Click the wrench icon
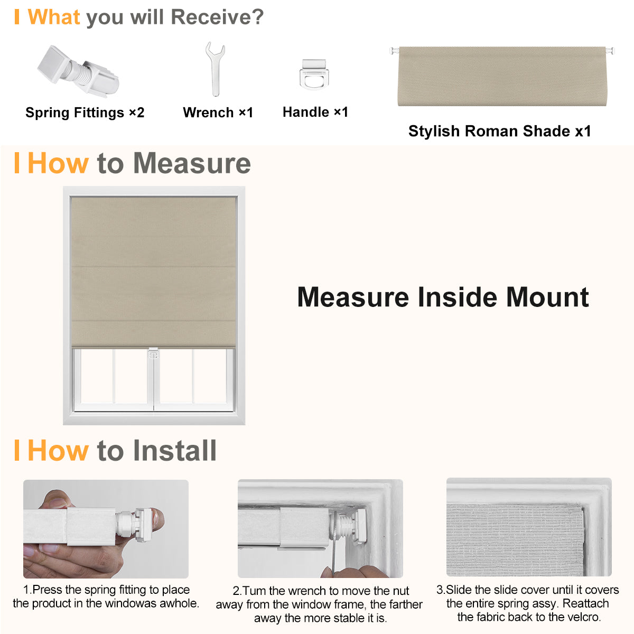[215, 69]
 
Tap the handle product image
[314, 74]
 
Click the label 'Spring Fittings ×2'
[85, 113]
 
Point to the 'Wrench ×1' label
[218, 113]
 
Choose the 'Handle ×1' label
[315, 112]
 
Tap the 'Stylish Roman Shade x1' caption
[500, 131]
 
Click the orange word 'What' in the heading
[54, 17]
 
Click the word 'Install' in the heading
[174, 451]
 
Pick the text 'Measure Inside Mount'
[443, 297]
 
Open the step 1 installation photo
[106, 528]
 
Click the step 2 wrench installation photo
[320, 528]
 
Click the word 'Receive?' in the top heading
[217, 17]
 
